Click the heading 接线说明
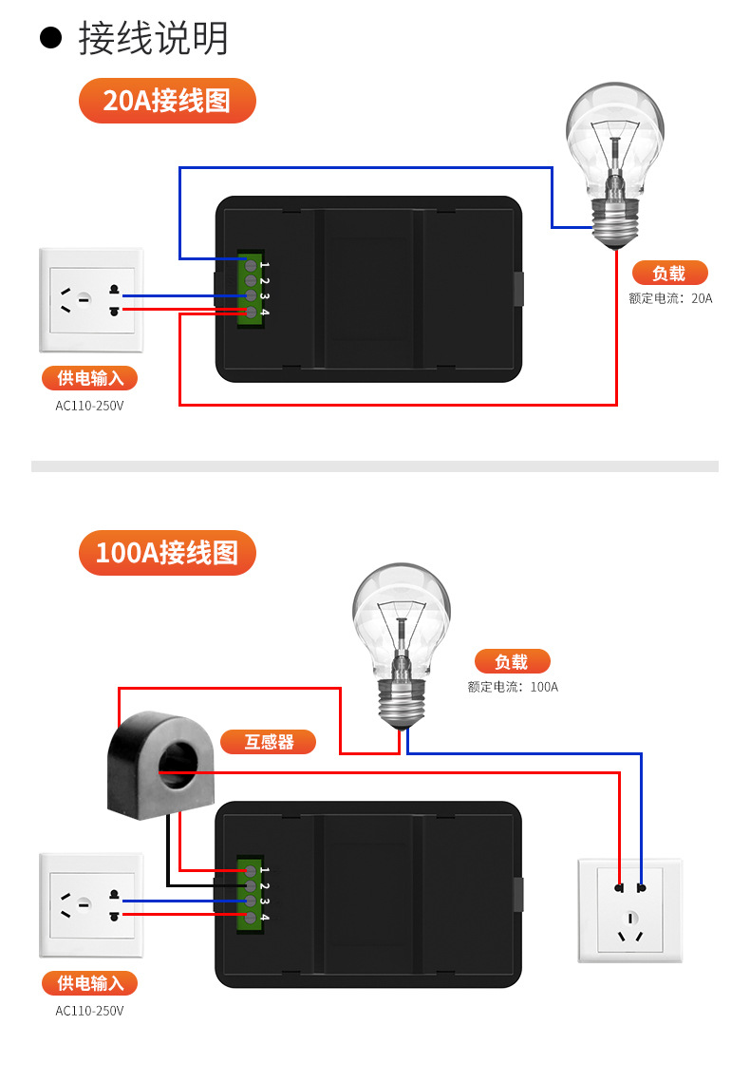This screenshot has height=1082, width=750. click(x=153, y=39)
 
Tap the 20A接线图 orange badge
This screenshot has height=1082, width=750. click(x=167, y=101)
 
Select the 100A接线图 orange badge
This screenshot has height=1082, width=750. click(x=167, y=553)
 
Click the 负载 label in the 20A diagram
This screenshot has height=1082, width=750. click(x=669, y=274)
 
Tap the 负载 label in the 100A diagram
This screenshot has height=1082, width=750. click(x=511, y=662)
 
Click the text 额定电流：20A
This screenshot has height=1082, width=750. click(x=670, y=298)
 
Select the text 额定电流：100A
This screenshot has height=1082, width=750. click(x=513, y=687)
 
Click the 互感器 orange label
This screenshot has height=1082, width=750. click(x=269, y=742)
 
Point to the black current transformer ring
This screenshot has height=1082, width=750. click(x=161, y=766)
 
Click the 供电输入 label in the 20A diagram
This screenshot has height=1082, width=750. click(x=90, y=378)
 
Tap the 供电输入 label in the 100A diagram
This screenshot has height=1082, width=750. click(x=90, y=983)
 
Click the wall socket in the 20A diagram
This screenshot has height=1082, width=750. click(x=91, y=300)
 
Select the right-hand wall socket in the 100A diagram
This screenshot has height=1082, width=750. click(x=630, y=910)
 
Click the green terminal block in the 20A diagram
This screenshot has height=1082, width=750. click(x=252, y=289)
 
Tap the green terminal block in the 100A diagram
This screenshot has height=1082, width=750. click(x=252, y=893)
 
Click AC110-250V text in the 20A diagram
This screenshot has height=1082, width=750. click(x=90, y=406)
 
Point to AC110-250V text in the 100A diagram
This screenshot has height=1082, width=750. click(x=90, y=1011)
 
